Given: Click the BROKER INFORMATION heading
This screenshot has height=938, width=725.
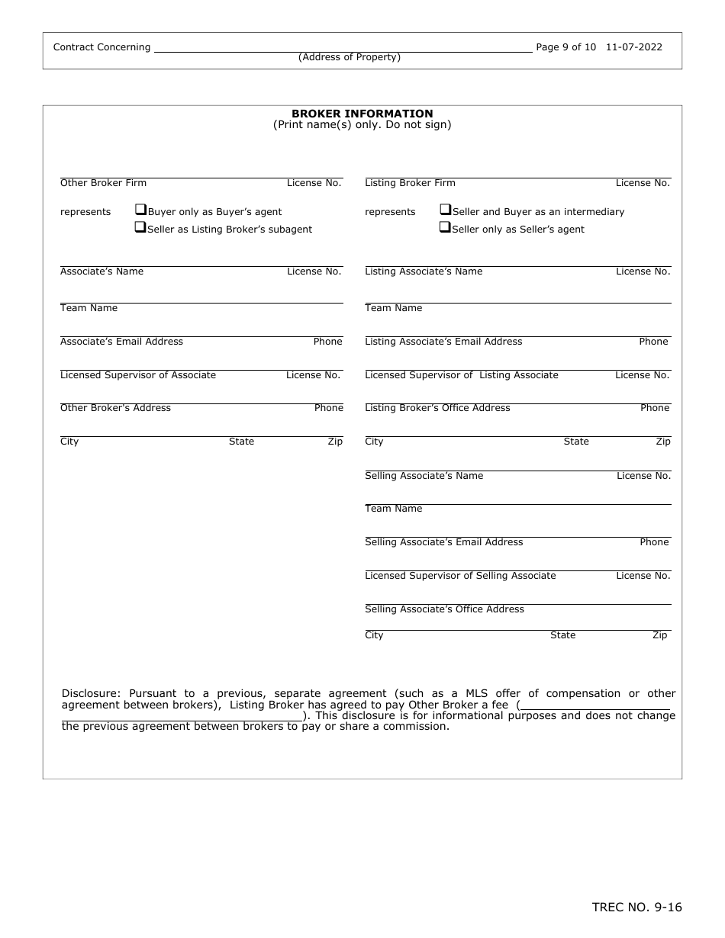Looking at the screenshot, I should (x=362, y=114).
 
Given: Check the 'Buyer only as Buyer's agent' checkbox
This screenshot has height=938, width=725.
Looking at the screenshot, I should (x=140, y=210).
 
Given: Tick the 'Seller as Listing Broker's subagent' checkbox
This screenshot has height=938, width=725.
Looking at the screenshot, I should (x=140, y=227).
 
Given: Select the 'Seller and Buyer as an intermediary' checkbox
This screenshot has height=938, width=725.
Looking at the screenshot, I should (x=445, y=210).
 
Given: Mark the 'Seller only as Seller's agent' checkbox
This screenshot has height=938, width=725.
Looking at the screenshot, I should (x=445, y=227).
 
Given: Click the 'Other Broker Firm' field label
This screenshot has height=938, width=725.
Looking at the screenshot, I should (x=103, y=183).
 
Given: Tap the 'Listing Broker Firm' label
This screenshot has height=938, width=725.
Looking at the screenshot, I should (x=410, y=183).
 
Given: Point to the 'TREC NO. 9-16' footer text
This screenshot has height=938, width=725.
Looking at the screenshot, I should (x=636, y=907).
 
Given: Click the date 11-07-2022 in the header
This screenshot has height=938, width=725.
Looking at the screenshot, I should (x=634, y=47).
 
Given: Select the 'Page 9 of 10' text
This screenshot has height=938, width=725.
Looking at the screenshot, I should (x=566, y=47).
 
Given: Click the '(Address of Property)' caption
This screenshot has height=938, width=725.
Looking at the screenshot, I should (x=350, y=57).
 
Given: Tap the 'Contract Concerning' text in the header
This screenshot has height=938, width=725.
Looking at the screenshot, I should (x=101, y=47).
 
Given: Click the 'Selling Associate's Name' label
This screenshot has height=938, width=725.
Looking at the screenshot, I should (x=424, y=476).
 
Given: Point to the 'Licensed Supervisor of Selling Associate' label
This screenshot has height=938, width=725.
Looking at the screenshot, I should (x=460, y=576).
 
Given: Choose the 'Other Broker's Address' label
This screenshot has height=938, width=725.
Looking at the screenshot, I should (x=115, y=408).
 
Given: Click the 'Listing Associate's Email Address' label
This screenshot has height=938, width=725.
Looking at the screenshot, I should (x=443, y=342).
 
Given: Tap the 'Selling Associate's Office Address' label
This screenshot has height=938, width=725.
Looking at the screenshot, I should (x=444, y=609).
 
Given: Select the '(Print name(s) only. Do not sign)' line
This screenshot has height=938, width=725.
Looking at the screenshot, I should (x=362, y=125).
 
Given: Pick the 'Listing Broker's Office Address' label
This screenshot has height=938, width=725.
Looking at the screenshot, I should (x=437, y=408).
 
